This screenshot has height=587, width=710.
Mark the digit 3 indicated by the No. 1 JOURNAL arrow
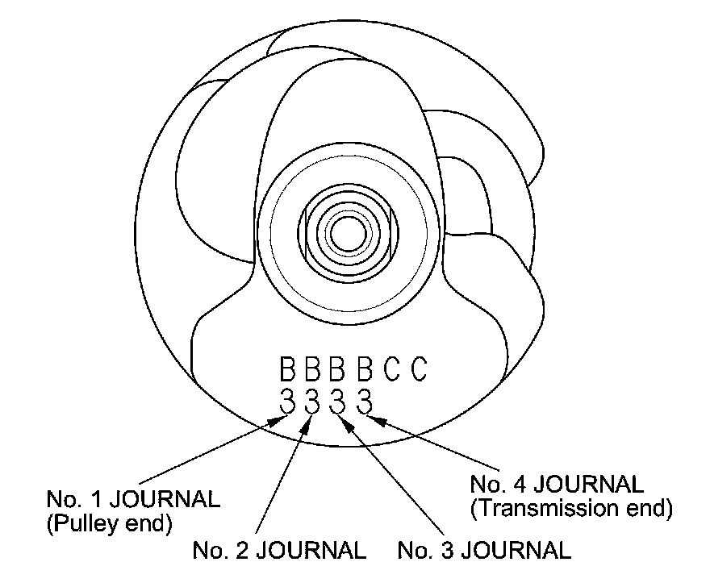tap(287, 400)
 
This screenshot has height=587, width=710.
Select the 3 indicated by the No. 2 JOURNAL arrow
tap(313, 400)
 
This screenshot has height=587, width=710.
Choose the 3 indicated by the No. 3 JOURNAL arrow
tap(338, 400)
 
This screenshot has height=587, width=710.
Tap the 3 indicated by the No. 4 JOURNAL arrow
tap(364, 400)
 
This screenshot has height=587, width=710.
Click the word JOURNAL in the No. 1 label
tap(164, 499)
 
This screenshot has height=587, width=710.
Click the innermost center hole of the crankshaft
tap(347, 229)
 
